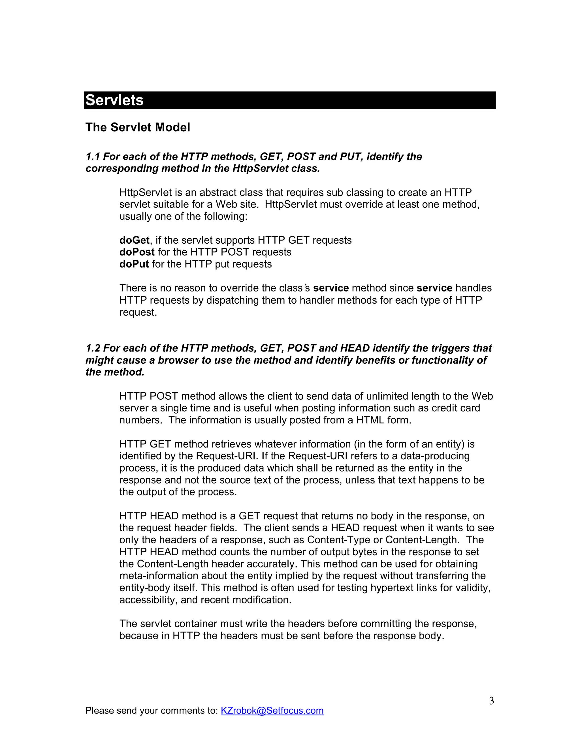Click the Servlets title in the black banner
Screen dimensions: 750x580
coord(114,100)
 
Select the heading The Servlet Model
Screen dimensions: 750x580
coord(137,127)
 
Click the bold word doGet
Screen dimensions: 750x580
coord(134,240)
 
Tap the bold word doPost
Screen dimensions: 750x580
coord(137,252)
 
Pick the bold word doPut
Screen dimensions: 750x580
coord(134,264)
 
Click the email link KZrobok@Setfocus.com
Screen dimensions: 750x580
coord(272,710)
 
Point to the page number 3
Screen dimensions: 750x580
coord(491,701)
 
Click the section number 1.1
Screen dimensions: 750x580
coord(93,157)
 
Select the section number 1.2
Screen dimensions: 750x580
coord(93,348)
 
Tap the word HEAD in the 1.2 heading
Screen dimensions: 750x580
coord(355,348)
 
